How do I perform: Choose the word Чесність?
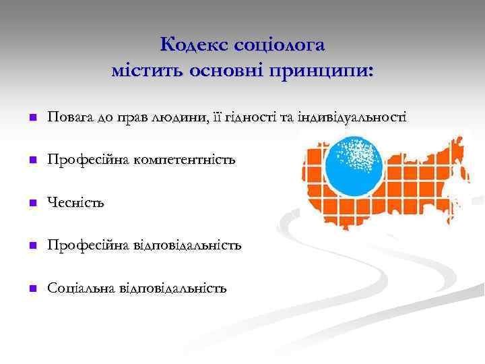point(75,202)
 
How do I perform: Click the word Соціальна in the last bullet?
point(81,288)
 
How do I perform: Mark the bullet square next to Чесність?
point(31,203)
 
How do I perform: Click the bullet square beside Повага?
point(31,118)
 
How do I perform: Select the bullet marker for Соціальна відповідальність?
point(31,289)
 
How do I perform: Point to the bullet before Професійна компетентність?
point(31,160)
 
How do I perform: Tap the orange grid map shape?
point(418,189)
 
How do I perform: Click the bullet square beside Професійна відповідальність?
point(31,246)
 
